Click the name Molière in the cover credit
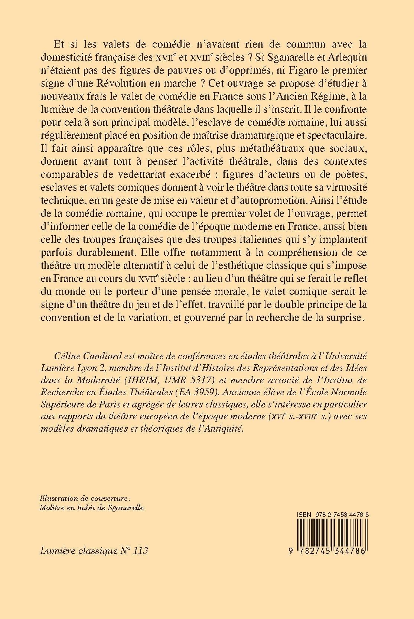coord(52,507)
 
